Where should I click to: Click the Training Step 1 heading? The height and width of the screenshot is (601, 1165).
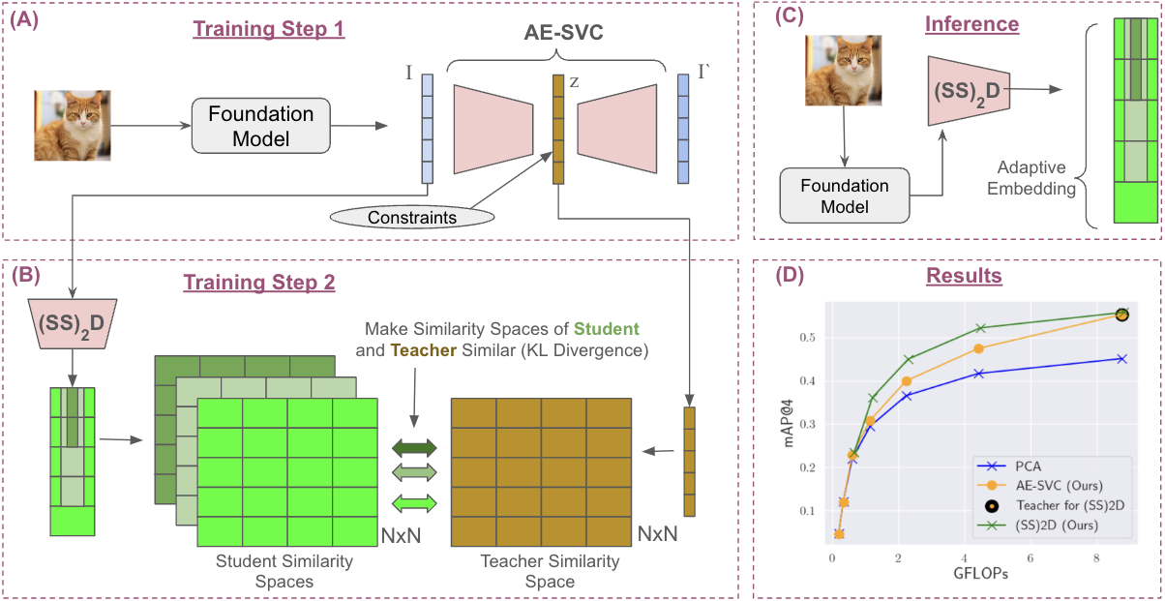pyautogui.click(x=269, y=28)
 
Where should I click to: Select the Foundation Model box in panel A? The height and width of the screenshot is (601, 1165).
pyautogui.click(x=261, y=126)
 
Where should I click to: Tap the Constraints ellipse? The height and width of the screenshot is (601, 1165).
pyautogui.click(x=411, y=217)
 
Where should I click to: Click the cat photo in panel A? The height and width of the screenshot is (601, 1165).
pyautogui.click(x=73, y=125)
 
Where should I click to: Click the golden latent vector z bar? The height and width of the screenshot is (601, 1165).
pyautogui.click(x=557, y=129)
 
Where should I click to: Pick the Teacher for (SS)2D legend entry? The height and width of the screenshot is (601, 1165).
pyautogui.click(x=1063, y=505)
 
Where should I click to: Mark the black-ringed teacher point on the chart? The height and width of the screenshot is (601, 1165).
pyautogui.click(x=1121, y=315)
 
